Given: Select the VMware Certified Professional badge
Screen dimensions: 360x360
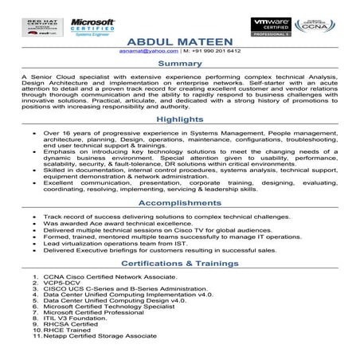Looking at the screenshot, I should click(269, 27).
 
